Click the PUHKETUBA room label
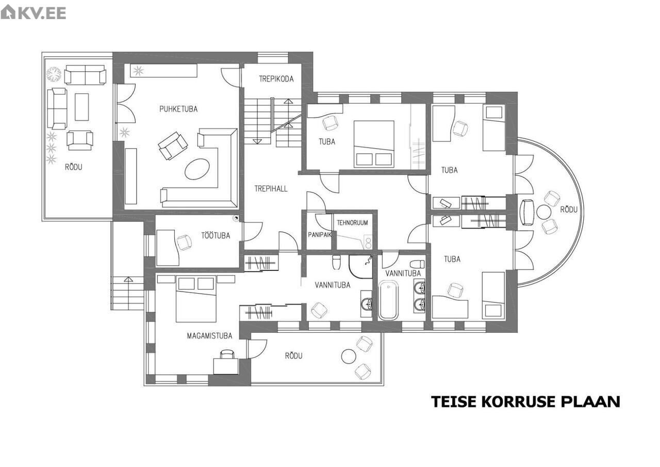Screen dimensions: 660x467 tap(178, 109)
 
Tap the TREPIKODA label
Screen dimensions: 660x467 tap(276, 79)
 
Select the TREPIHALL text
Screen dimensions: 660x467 tap(271, 189)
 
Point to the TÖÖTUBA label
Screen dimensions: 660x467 tap(216, 235)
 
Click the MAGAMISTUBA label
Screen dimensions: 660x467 tap(209, 335)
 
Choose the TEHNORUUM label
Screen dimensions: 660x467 tap(352, 222)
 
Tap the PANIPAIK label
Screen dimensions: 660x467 tap(320, 235)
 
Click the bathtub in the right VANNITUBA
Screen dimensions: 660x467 tap(388, 300)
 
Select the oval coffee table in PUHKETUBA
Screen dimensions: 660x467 tap(197, 169)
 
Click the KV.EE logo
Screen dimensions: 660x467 tap(34, 12)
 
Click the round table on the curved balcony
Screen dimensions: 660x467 tap(543, 212)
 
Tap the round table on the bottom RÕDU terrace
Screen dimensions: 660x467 tap(349, 357)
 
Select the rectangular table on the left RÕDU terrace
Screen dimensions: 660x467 tap(81, 107)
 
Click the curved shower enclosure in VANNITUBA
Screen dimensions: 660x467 tap(360, 266)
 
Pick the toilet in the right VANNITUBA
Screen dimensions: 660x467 tap(417, 264)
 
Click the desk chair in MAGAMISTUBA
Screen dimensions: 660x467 tap(227, 353)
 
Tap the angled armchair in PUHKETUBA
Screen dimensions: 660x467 tap(173, 146)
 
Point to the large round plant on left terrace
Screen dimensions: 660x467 tap(54, 74)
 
